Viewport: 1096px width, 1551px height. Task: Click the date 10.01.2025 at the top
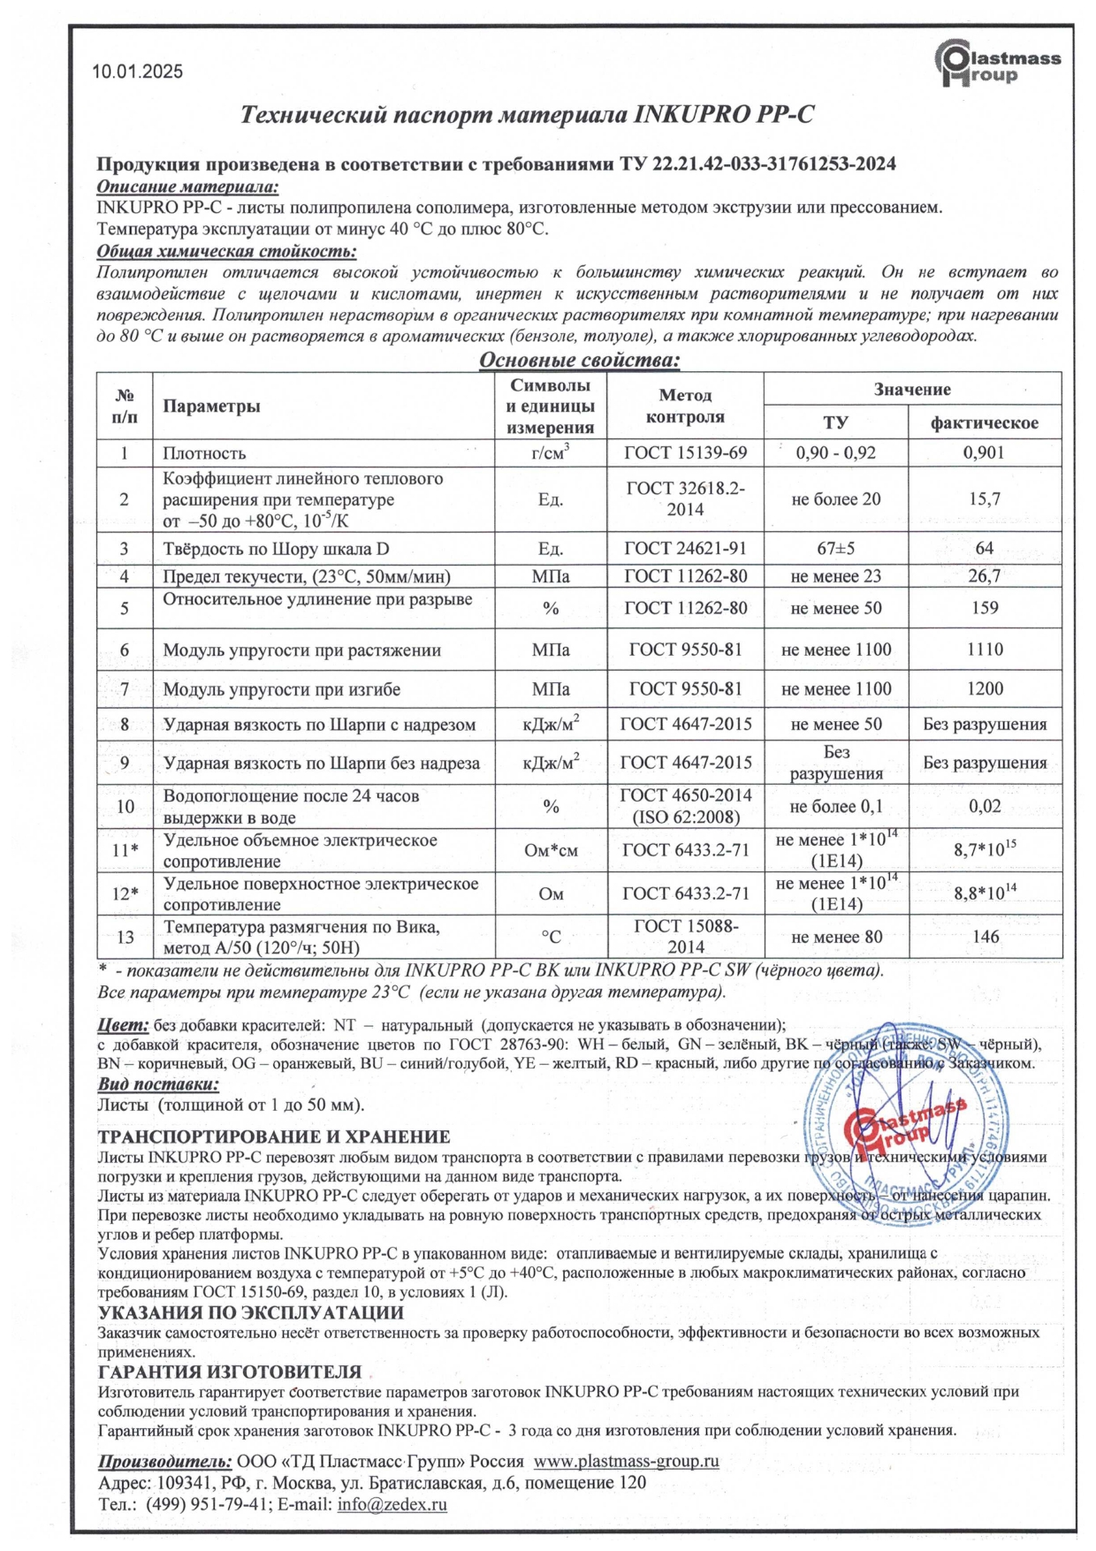point(137,72)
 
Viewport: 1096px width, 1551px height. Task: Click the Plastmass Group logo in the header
point(997,66)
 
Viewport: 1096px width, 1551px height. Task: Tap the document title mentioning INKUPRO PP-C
point(527,115)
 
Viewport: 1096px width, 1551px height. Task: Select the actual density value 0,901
point(984,453)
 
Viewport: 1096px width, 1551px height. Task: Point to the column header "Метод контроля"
point(685,406)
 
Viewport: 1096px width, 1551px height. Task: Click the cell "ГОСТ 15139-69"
point(685,453)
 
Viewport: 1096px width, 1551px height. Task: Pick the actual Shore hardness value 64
point(984,549)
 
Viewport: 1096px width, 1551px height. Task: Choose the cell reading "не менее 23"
point(835,577)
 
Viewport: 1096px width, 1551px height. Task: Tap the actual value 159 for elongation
point(984,608)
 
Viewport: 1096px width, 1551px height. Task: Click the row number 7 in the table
point(125,689)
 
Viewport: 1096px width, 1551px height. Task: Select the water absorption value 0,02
point(984,806)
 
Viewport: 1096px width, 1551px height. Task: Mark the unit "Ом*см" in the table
point(551,850)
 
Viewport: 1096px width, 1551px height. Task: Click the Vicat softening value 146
point(985,937)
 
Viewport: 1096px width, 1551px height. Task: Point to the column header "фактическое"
point(984,422)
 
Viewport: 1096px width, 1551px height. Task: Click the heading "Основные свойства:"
point(579,360)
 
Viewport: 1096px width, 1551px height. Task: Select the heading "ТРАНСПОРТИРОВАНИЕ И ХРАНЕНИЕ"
point(273,1137)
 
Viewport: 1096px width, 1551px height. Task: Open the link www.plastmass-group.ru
point(626,1461)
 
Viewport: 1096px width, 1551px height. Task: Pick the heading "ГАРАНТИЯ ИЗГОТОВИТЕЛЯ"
point(230,1372)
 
